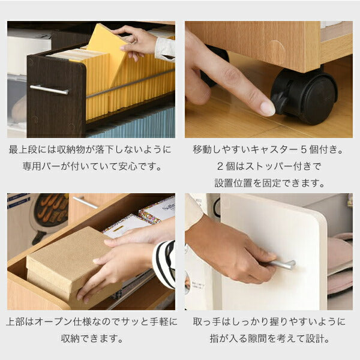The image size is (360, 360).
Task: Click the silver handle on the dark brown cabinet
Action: tap(49, 89)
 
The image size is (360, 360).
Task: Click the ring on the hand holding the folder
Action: tap(134, 42)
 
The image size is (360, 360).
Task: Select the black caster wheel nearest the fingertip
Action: tap(304, 97)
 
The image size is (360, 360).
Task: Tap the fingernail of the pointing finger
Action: tap(268, 108)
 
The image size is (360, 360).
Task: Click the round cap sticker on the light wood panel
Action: tap(277, 52)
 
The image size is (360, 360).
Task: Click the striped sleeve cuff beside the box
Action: tap(164, 264)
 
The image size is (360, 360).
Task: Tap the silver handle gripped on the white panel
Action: tap(284, 265)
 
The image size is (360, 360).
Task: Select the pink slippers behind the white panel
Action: tap(340, 264)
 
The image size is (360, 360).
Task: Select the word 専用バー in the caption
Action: tap(41, 166)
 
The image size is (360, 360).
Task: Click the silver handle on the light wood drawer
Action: tap(86, 203)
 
